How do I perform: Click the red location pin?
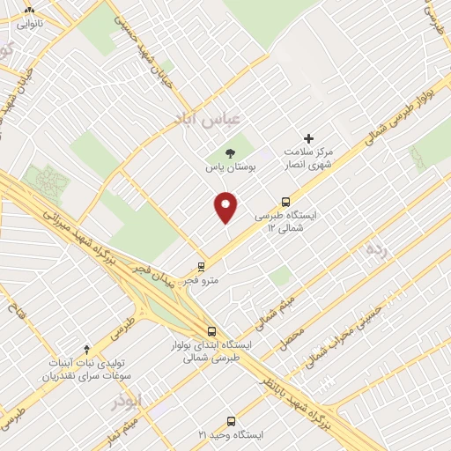tap(226, 207)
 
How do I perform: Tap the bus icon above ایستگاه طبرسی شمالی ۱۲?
tap(285, 201)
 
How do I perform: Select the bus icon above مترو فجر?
tap(201, 265)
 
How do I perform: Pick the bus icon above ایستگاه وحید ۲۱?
tap(232, 420)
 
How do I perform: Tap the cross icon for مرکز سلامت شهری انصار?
tap(308, 137)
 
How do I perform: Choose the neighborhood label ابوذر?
tap(126, 401)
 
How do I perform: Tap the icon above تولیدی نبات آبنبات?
tap(85, 350)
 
